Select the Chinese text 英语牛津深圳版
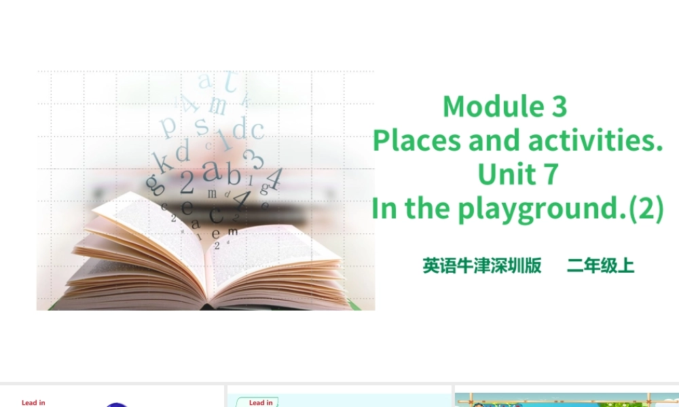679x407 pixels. tap(482, 266)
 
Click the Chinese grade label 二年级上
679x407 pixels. tap(601, 266)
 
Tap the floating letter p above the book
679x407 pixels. tap(168, 126)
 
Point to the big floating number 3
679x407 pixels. tap(256, 159)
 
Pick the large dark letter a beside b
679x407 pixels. tap(213, 170)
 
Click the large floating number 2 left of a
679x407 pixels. tap(187, 182)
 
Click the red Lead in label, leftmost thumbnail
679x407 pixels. tap(33, 402)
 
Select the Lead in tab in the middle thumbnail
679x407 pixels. tap(261, 402)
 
